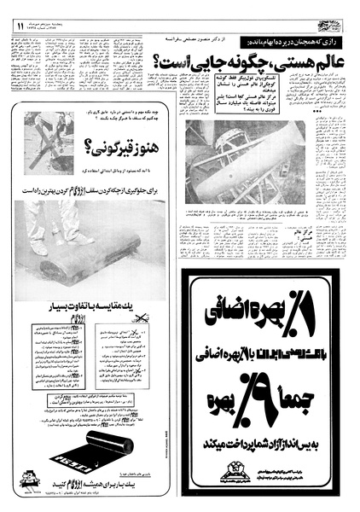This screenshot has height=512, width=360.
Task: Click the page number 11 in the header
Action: pyautogui.click(x=20, y=27)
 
